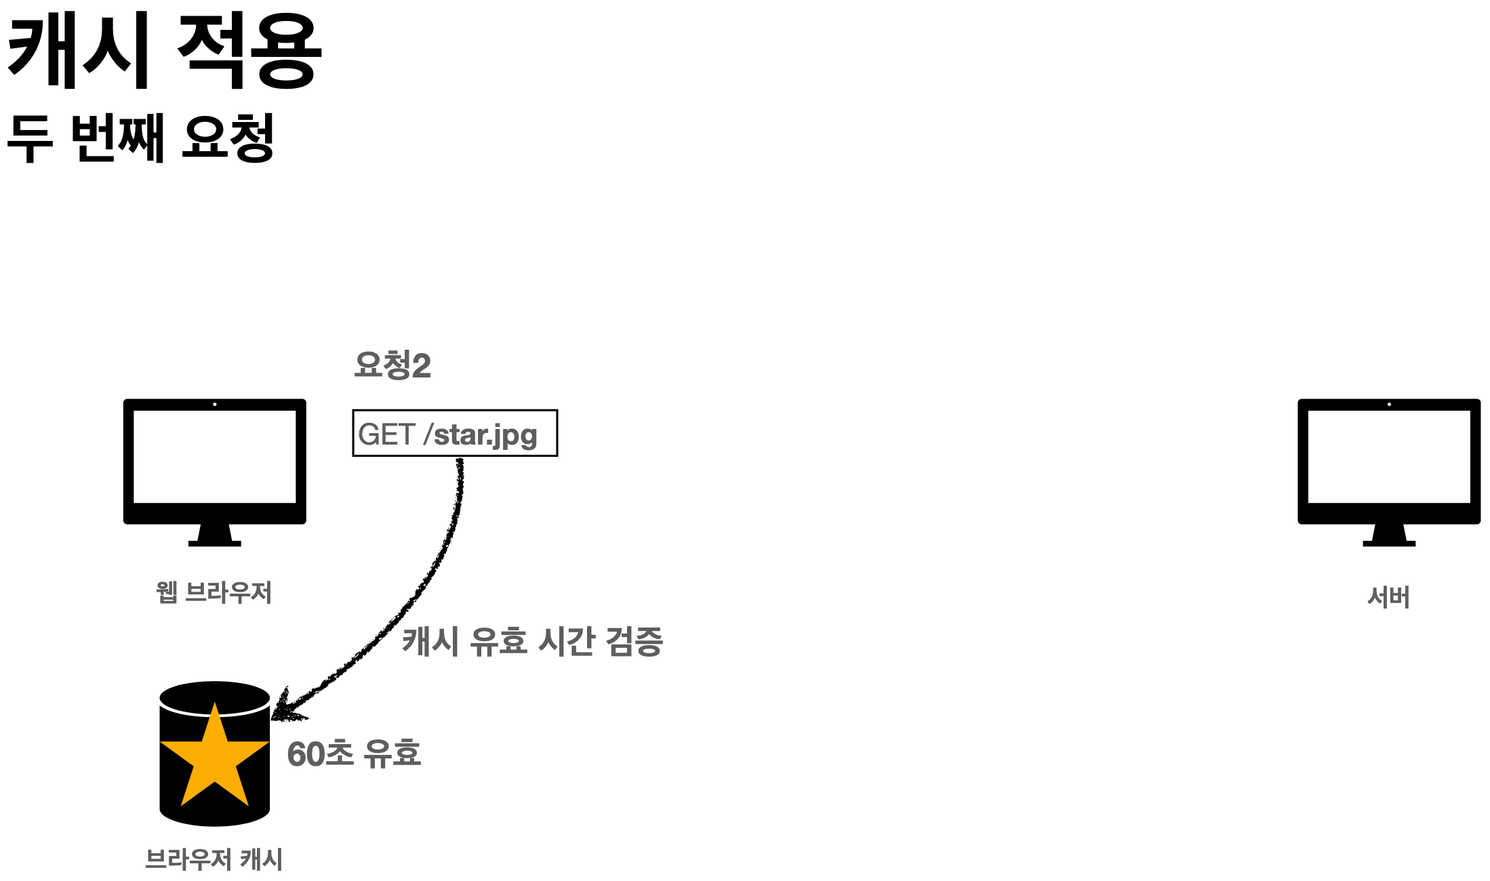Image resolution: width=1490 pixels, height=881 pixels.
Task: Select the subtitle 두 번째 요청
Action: (140, 138)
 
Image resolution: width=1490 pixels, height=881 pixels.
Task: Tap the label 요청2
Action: (392, 365)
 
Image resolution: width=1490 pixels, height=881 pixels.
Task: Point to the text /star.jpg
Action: (481, 435)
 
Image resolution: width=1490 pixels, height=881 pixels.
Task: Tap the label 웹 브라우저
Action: (214, 593)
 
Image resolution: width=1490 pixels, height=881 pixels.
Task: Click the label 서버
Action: (1388, 597)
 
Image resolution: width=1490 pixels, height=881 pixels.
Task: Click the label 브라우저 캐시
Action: (214, 859)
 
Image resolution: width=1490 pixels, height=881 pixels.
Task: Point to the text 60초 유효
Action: (354, 754)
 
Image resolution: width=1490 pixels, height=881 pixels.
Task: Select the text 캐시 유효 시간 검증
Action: (532, 641)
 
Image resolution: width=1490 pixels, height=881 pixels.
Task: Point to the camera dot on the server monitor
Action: (1389, 405)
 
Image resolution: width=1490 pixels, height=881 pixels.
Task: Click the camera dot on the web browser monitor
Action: (215, 405)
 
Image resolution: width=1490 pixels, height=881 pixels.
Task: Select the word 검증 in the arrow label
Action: (634, 641)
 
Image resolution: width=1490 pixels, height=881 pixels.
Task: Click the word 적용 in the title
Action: (249, 52)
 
